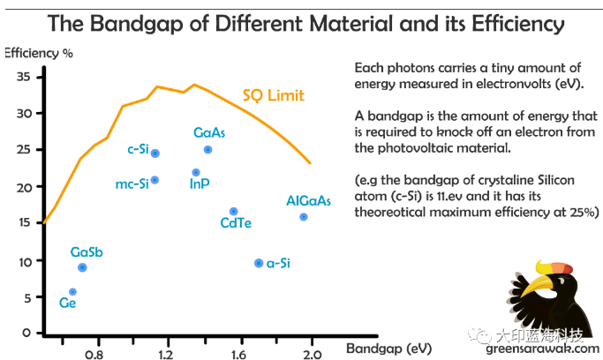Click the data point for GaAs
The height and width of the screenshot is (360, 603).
(207, 150)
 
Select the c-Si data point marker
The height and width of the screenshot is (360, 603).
(155, 154)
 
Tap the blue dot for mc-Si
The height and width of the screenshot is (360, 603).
(155, 180)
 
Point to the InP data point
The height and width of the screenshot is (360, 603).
(196, 173)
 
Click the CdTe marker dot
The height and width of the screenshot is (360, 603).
(233, 212)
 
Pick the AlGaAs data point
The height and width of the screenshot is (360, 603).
(304, 217)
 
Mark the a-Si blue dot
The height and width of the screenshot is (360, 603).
(258, 263)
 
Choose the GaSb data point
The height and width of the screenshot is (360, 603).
(82, 267)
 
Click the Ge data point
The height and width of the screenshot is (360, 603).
(72, 292)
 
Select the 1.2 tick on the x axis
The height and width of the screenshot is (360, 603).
(165, 355)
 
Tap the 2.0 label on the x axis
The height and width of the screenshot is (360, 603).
(311, 355)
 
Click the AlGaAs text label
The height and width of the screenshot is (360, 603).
(309, 201)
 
